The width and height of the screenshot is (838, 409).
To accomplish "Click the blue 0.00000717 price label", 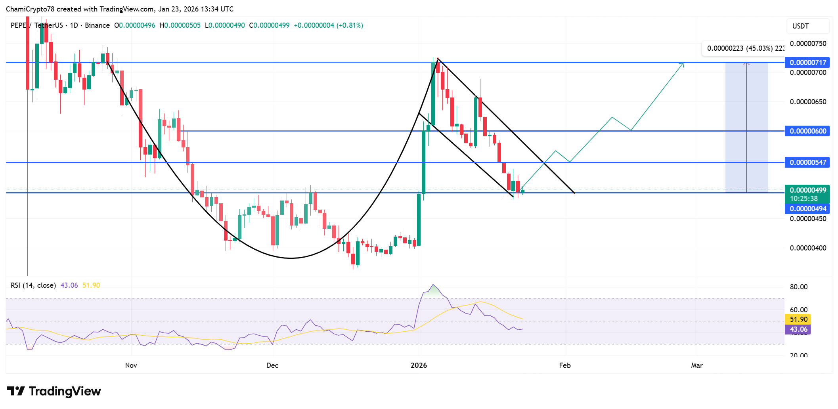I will pos(807,63).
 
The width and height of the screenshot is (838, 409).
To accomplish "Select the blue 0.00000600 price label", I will pos(807,131).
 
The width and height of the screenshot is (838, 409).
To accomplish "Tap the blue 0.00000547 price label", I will pos(807,162).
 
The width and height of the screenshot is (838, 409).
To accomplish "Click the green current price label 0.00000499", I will pos(807,190).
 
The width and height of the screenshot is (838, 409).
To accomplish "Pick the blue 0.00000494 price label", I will pos(807,209).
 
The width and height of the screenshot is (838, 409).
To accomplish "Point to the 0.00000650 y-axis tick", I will pos(808,102).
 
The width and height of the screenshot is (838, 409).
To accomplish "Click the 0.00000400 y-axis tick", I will pos(808,248).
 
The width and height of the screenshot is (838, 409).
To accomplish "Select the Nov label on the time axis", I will pos(131,365).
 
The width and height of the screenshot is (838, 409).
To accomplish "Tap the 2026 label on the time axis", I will pos(419,365).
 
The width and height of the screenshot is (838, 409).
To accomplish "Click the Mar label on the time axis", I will pos(696,365).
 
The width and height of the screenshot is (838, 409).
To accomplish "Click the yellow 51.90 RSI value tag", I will pos(798,319).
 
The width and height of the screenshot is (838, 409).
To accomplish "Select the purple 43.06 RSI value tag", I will pos(798,329).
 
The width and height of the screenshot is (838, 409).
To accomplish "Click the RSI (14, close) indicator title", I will pos(33,285).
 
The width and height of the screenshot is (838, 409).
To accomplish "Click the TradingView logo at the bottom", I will pos(54,392).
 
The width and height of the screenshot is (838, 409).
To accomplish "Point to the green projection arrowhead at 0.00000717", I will pos(682,64).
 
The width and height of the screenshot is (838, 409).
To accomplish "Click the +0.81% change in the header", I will pos(350,25).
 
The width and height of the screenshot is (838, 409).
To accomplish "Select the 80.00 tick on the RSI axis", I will pos(798,287).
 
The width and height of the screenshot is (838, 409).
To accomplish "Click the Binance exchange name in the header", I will pos(97,25).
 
